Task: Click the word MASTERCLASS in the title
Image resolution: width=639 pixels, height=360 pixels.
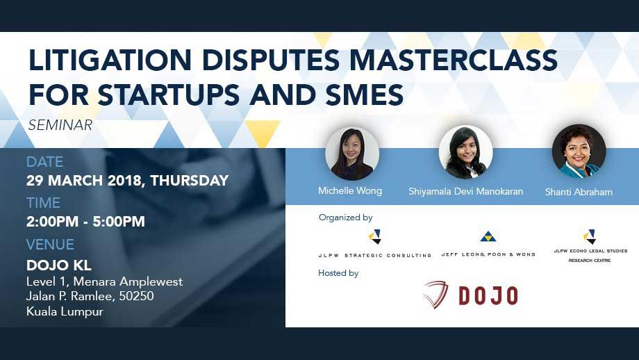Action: pyautogui.click(x=453, y=60)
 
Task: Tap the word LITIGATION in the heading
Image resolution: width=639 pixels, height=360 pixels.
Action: pyautogui.click(x=110, y=60)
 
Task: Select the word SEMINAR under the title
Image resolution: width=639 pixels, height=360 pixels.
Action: pyautogui.click(x=60, y=125)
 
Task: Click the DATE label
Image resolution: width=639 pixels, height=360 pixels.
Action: pyautogui.click(x=45, y=162)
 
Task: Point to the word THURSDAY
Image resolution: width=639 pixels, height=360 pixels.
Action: pyautogui.click(x=190, y=180)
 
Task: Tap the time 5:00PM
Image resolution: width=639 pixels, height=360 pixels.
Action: pyautogui.click(x=119, y=222)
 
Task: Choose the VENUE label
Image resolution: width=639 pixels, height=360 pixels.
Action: pyautogui.click(x=50, y=244)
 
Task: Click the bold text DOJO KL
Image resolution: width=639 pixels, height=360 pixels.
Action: pyautogui.click(x=58, y=265)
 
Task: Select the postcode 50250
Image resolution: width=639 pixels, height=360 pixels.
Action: pyautogui.click(x=137, y=296)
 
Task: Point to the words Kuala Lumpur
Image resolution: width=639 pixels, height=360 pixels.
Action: pyautogui.click(x=65, y=311)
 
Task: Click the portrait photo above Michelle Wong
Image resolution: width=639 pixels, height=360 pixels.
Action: pyautogui.click(x=352, y=154)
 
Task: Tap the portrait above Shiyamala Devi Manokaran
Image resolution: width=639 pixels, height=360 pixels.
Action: pyautogui.click(x=466, y=152)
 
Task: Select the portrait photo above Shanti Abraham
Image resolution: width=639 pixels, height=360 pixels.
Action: pyautogui.click(x=579, y=152)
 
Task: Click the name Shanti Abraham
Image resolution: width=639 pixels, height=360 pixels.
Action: pyautogui.click(x=579, y=192)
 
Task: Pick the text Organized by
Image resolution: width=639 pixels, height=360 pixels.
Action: pyautogui.click(x=346, y=218)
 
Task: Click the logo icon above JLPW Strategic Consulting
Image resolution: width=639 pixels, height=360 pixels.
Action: pyautogui.click(x=375, y=236)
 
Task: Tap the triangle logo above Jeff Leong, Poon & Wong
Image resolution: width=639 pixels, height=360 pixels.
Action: pyautogui.click(x=488, y=236)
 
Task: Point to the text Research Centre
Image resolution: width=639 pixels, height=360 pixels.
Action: pyautogui.click(x=590, y=260)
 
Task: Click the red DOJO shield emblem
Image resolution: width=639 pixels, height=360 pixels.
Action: pyautogui.click(x=435, y=294)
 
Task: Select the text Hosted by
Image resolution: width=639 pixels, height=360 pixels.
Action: pyautogui.click(x=338, y=273)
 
